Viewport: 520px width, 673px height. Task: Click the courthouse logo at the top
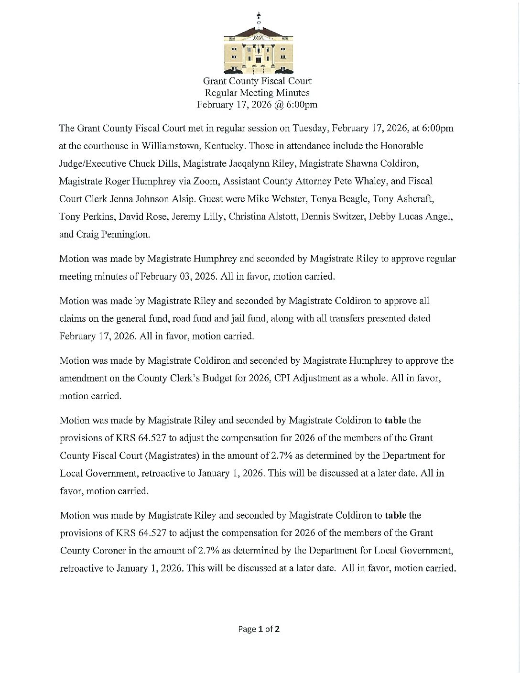pyautogui.click(x=259, y=46)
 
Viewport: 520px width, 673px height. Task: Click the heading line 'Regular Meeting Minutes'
pyautogui.click(x=257, y=93)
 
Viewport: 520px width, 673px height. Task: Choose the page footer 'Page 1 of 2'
pyautogui.click(x=259, y=629)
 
